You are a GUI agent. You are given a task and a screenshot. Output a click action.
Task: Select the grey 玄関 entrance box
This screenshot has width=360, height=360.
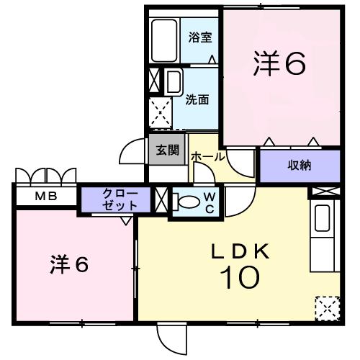tap(162, 152)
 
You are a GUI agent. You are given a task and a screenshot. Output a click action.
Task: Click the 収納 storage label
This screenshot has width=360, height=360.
tap(300, 166)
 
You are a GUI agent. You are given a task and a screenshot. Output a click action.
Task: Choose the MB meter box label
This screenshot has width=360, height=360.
tap(44, 197)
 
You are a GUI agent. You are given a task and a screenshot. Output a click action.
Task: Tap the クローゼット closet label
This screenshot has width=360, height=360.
tap(117, 198)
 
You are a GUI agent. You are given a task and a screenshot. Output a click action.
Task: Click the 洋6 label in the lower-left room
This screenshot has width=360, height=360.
tap(70, 264)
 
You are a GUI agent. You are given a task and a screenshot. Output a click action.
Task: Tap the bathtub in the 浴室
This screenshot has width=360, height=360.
tap(165, 40)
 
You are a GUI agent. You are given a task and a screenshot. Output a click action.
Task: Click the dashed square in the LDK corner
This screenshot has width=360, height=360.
tap(326, 307)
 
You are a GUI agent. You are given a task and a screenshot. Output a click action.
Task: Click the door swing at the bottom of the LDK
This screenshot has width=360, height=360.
tap(171, 336)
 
